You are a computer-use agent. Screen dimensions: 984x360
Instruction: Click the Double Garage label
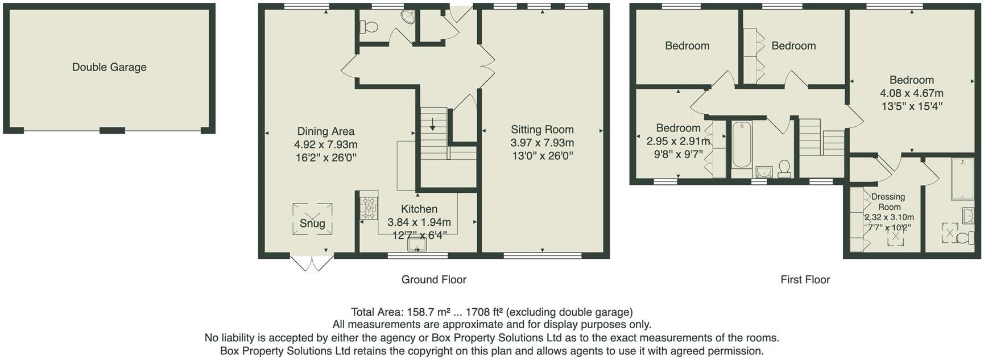[109, 67]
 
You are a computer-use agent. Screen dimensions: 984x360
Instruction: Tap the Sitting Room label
[542, 130]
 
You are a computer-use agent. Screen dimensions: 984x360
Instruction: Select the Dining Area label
[326, 132]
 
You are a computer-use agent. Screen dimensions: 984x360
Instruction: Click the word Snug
[312, 224]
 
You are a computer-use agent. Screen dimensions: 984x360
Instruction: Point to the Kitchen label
[419, 209]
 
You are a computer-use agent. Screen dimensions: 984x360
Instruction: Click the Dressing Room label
[888, 202]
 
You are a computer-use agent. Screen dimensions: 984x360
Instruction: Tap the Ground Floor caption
[434, 280]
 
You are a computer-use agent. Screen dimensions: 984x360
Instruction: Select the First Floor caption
[805, 280]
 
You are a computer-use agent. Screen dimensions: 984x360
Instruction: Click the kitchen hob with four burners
[369, 208]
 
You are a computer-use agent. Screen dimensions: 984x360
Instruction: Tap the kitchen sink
[417, 245]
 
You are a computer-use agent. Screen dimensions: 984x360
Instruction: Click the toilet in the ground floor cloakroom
[369, 27]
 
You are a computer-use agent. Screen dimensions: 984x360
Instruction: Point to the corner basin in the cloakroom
[408, 16]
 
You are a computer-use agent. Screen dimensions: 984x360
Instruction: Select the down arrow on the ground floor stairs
[433, 123]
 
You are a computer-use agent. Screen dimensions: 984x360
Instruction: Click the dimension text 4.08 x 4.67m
[912, 93]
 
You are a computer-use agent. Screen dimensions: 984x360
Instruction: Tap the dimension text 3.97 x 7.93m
[542, 143]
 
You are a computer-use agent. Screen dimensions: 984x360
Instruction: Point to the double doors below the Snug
[312, 263]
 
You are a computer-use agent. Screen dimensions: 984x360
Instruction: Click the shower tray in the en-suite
[962, 179]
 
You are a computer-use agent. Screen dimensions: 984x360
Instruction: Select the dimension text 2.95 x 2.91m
[678, 141]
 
